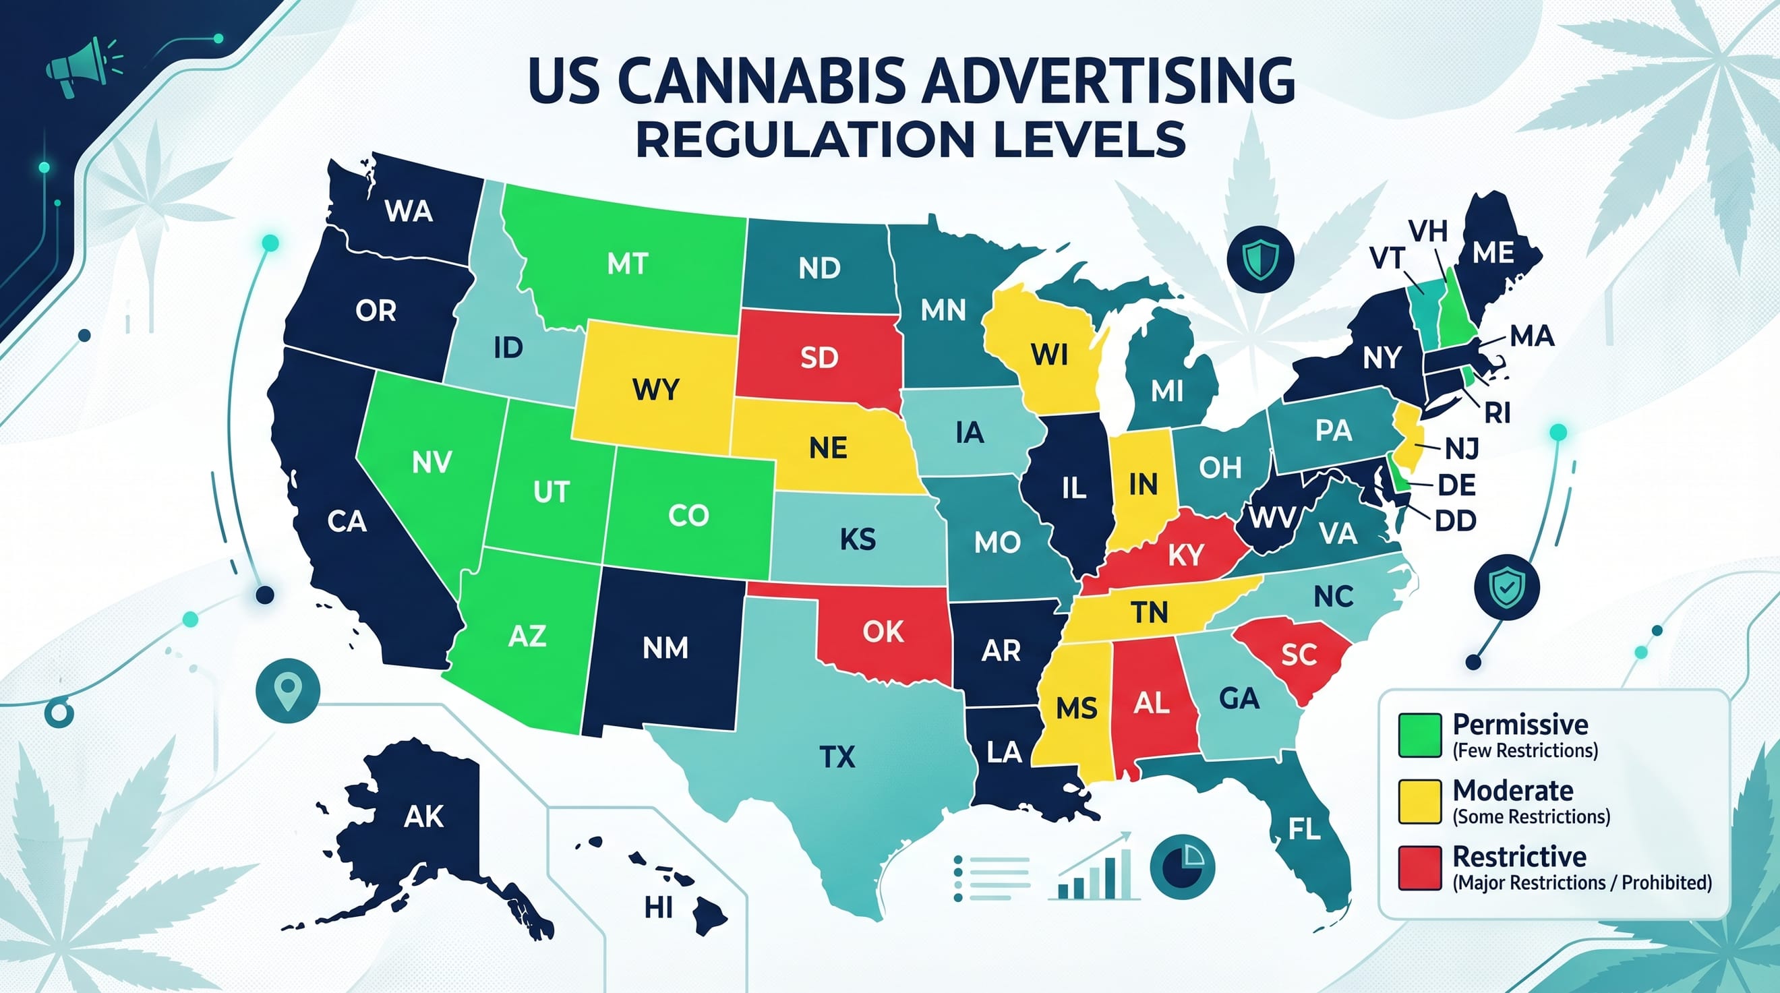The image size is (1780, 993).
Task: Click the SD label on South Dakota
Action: (x=819, y=357)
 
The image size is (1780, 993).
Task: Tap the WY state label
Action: (x=655, y=390)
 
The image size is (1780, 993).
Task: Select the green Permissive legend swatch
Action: (x=1419, y=735)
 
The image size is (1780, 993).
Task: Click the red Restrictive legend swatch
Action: (x=1419, y=868)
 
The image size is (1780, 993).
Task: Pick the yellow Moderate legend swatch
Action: (x=1419, y=802)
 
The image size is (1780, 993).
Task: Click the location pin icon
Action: (x=287, y=690)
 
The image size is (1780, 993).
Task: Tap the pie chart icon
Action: (x=1181, y=867)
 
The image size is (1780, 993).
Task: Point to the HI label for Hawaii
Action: (x=658, y=908)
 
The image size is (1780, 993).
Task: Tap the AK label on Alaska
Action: (x=423, y=817)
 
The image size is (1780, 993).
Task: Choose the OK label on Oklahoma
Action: (x=883, y=632)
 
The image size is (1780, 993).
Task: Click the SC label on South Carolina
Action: (x=1299, y=655)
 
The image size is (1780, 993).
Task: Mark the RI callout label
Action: (x=1497, y=413)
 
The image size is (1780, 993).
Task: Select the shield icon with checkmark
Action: (x=1506, y=586)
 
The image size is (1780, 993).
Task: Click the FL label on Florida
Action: (x=1304, y=829)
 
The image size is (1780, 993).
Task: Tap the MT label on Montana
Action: (x=628, y=264)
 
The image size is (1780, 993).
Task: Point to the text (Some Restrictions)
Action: (x=1531, y=817)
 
